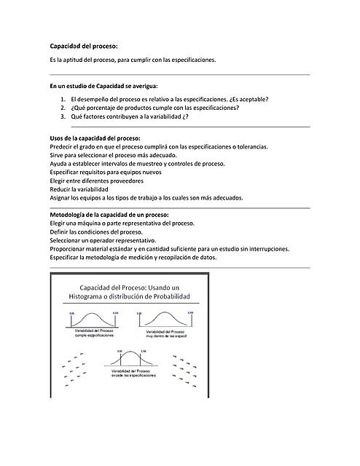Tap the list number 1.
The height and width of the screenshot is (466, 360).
click(63, 98)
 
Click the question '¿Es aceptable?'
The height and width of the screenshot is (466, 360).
click(248, 98)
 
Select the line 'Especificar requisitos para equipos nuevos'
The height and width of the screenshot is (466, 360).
click(104, 172)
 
